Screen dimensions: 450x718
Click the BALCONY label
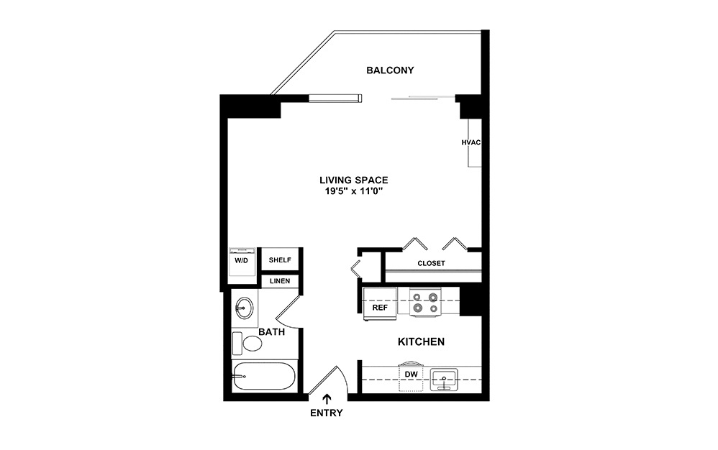pos(390,70)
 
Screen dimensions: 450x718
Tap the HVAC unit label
pos(471,142)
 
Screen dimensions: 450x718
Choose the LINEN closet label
pos(280,281)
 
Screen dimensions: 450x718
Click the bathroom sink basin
pos(245,310)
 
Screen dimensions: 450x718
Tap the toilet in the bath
pos(248,342)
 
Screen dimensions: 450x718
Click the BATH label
pos(272,332)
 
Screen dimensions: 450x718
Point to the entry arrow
pos(328,398)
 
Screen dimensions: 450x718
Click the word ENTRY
pos(327,413)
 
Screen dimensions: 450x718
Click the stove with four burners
pos(425,301)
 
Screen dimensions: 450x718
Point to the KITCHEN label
pos(421,341)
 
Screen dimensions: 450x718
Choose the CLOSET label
pos(431,263)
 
